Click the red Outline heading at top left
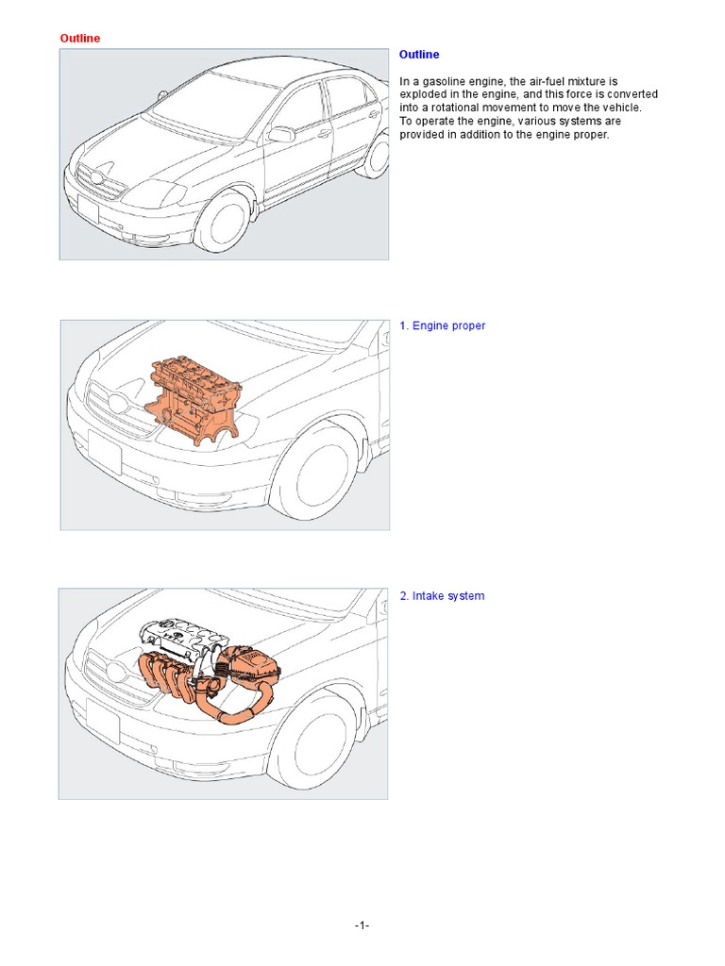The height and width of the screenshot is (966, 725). click(80, 38)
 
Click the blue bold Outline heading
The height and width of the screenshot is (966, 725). click(419, 55)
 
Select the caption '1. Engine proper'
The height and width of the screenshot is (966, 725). click(442, 325)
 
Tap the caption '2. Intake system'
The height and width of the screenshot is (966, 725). click(442, 596)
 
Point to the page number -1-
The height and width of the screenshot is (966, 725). click(362, 925)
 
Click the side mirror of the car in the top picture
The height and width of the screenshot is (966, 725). click(281, 135)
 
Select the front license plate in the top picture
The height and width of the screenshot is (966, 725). click(88, 209)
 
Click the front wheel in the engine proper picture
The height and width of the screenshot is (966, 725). click(316, 473)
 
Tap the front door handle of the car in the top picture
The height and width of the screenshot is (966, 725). click(323, 133)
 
